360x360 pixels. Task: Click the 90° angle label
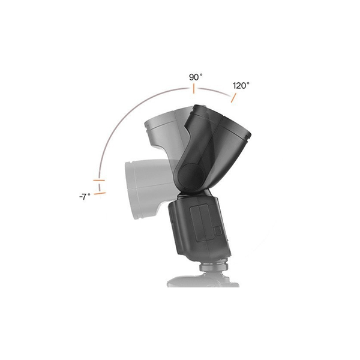click(196, 77)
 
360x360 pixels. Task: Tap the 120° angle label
click(241, 86)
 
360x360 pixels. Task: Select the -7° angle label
click(85, 197)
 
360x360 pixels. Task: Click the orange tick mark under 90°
click(194, 89)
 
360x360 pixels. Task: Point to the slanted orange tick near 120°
click(233, 98)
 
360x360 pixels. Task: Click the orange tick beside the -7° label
click(100, 194)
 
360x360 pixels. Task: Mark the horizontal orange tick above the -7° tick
click(99, 181)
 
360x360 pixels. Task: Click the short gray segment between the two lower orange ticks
click(100, 187)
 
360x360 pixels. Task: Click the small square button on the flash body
click(217, 231)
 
